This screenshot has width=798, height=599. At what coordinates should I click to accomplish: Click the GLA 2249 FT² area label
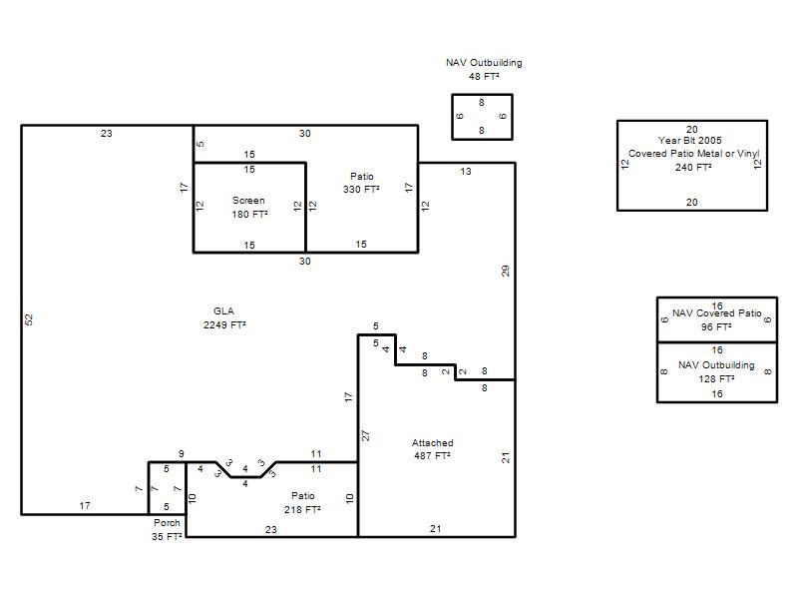coord(224,317)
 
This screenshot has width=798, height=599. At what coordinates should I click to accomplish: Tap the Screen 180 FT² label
coord(249,208)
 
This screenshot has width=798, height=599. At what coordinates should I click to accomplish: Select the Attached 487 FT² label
coord(433,449)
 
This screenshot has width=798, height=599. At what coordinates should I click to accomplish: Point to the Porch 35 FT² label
coord(167,530)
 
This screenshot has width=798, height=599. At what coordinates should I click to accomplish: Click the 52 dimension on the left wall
coord(29,319)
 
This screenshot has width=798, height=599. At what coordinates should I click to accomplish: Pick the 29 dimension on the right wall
coord(506,271)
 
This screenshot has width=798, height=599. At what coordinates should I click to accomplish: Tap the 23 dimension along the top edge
coord(107,134)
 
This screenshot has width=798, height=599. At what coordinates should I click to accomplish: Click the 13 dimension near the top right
coord(466,172)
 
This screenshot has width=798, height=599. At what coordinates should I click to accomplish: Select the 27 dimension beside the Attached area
coord(365,435)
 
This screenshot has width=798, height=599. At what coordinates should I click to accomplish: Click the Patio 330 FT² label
coord(361,183)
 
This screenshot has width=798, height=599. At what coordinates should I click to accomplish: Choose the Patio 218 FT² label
coord(303,503)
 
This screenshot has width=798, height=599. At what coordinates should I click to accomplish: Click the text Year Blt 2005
coord(689,141)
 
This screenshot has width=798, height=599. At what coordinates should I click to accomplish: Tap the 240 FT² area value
coord(693,168)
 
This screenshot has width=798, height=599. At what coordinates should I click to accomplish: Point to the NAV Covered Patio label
coord(717,313)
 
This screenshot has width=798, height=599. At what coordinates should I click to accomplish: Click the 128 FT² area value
coord(716,379)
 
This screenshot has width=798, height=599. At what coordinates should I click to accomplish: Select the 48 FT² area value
coord(484,77)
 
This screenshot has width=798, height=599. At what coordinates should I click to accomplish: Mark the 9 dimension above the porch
coord(182,454)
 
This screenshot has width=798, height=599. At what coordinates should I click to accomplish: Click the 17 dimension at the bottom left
coord(85,506)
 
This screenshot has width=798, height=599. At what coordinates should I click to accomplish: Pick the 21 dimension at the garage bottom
coord(436,529)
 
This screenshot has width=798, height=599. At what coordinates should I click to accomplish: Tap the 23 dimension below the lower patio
coord(271,530)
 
